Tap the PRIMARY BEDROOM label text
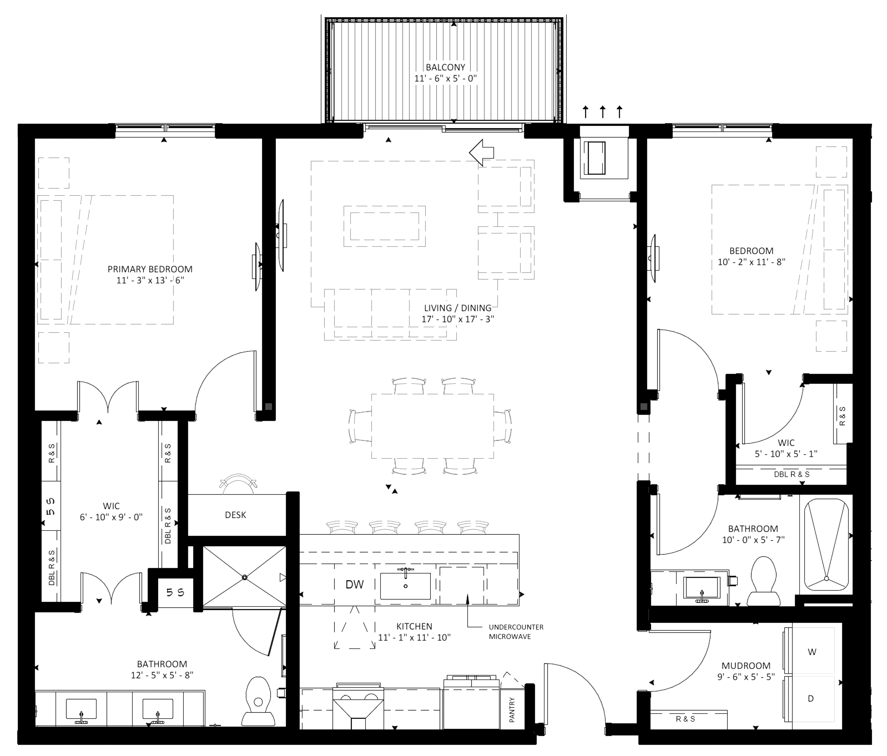tap(150, 269)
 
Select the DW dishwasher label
tap(354, 584)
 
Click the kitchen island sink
tap(405, 585)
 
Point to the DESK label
tap(235, 515)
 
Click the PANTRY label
tap(512, 710)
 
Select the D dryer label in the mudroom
tap(810, 698)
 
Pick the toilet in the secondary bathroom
tap(764, 581)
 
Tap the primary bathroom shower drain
tap(245, 577)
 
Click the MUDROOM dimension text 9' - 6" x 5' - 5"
tap(746, 677)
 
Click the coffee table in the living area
tap(385, 226)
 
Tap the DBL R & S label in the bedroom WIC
tap(792, 475)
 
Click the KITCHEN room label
tap(414, 626)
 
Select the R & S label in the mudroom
tap(686, 719)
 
